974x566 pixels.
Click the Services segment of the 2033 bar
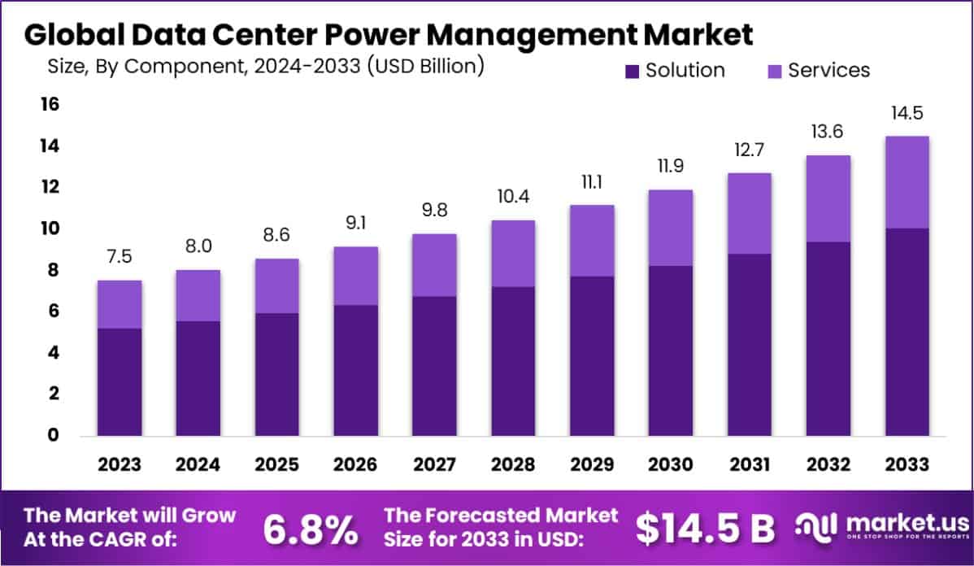point(907,182)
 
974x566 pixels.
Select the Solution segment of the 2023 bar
point(120,382)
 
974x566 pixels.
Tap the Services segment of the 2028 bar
point(514,254)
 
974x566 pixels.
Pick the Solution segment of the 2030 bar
point(671,350)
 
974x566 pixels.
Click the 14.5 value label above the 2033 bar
point(907,113)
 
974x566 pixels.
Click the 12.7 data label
point(750,151)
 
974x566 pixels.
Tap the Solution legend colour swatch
point(633,71)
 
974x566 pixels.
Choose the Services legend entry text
point(828,71)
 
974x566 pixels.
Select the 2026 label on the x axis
point(356,465)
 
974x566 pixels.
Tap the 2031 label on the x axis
point(750,465)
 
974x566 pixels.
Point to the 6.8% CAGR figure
point(311,529)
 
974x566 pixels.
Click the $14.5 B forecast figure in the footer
point(705,529)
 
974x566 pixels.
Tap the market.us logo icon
point(817,528)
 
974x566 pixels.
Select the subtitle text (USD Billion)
point(425,66)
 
